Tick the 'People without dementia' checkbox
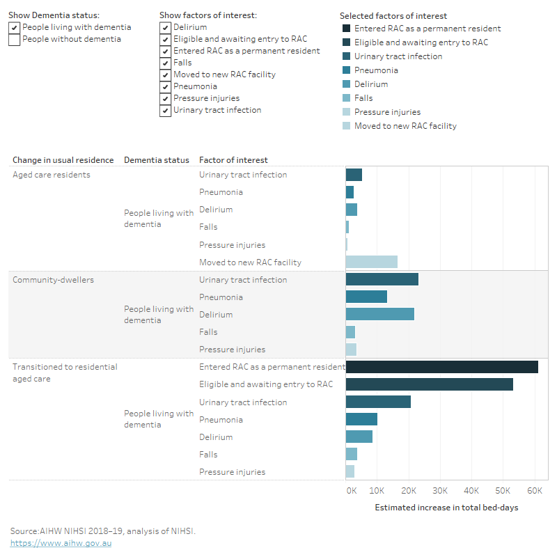click(x=14, y=40)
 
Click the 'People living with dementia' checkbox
click(x=14, y=27)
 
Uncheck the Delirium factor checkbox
click(x=165, y=27)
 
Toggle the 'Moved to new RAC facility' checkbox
click(x=165, y=74)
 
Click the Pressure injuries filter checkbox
click(x=165, y=98)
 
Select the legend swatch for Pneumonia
click(x=346, y=70)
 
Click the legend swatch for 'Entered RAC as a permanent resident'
click(x=346, y=29)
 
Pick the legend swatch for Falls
click(x=346, y=98)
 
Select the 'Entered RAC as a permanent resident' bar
click(x=441, y=367)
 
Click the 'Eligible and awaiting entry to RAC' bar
click(x=429, y=384)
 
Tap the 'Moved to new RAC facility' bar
click(x=371, y=262)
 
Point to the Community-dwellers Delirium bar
click(x=379, y=315)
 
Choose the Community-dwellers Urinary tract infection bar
click(x=382, y=280)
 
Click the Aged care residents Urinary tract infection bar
click(x=354, y=175)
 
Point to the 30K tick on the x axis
click(x=440, y=491)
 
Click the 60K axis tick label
click(x=534, y=491)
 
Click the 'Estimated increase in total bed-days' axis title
click(x=446, y=508)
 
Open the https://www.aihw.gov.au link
click(x=61, y=543)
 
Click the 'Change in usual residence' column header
click(x=61, y=160)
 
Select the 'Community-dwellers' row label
click(x=53, y=280)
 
